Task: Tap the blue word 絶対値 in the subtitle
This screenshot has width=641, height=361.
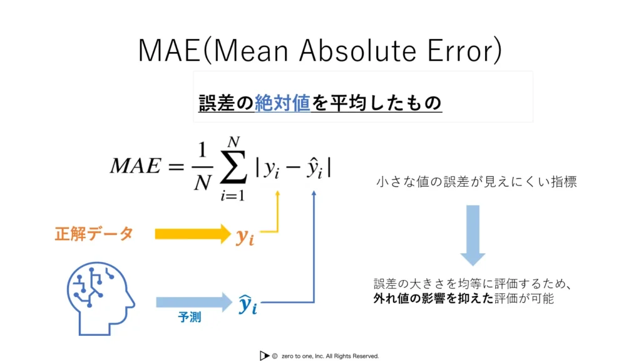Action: coord(282,102)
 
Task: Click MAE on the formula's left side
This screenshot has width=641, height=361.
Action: coord(136,165)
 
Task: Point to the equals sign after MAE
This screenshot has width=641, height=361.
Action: coord(176,166)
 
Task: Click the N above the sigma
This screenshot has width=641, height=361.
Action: coord(233,142)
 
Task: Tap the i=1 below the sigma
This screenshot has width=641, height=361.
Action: coord(233,196)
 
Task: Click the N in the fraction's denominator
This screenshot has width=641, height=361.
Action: coord(203,182)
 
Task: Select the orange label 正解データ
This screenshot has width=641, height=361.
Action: coord(94,234)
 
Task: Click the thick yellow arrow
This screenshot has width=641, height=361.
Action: coord(193,234)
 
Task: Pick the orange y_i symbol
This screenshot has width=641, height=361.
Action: coord(245,236)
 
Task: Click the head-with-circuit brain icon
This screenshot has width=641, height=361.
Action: coord(101,298)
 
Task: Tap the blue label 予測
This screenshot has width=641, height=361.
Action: coord(190,317)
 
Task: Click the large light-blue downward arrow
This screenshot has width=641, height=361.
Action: coord(473,236)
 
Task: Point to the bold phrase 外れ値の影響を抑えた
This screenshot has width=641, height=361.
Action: coord(433,298)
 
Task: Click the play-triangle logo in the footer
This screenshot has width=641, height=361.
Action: coord(264,356)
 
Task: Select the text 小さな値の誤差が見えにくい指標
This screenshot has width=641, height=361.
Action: coord(476,182)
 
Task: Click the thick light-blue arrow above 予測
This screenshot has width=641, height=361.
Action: coord(194,303)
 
